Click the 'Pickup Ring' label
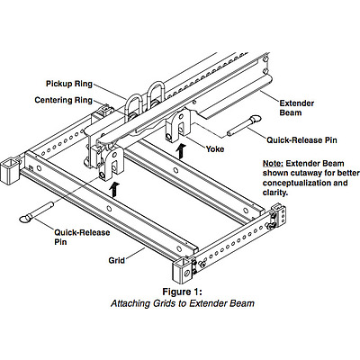coord(69,84)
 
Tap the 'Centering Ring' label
coord(64,100)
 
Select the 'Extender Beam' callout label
coord(297,108)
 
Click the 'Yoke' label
coord(215,148)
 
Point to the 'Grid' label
coord(117,260)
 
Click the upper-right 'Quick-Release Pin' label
coord(301,140)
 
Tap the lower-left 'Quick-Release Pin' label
coord(82,237)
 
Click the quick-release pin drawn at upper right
coord(244,126)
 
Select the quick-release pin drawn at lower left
coord(37,212)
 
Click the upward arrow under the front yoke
coord(114,189)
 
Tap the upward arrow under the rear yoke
coord(181,151)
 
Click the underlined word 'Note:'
coord(273,164)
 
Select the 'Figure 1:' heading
coord(182,292)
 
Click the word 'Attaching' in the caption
coord(130,303)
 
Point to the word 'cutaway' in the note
coord(318,174)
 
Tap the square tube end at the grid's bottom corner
coord(182,270)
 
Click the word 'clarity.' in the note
coord(275,193)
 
